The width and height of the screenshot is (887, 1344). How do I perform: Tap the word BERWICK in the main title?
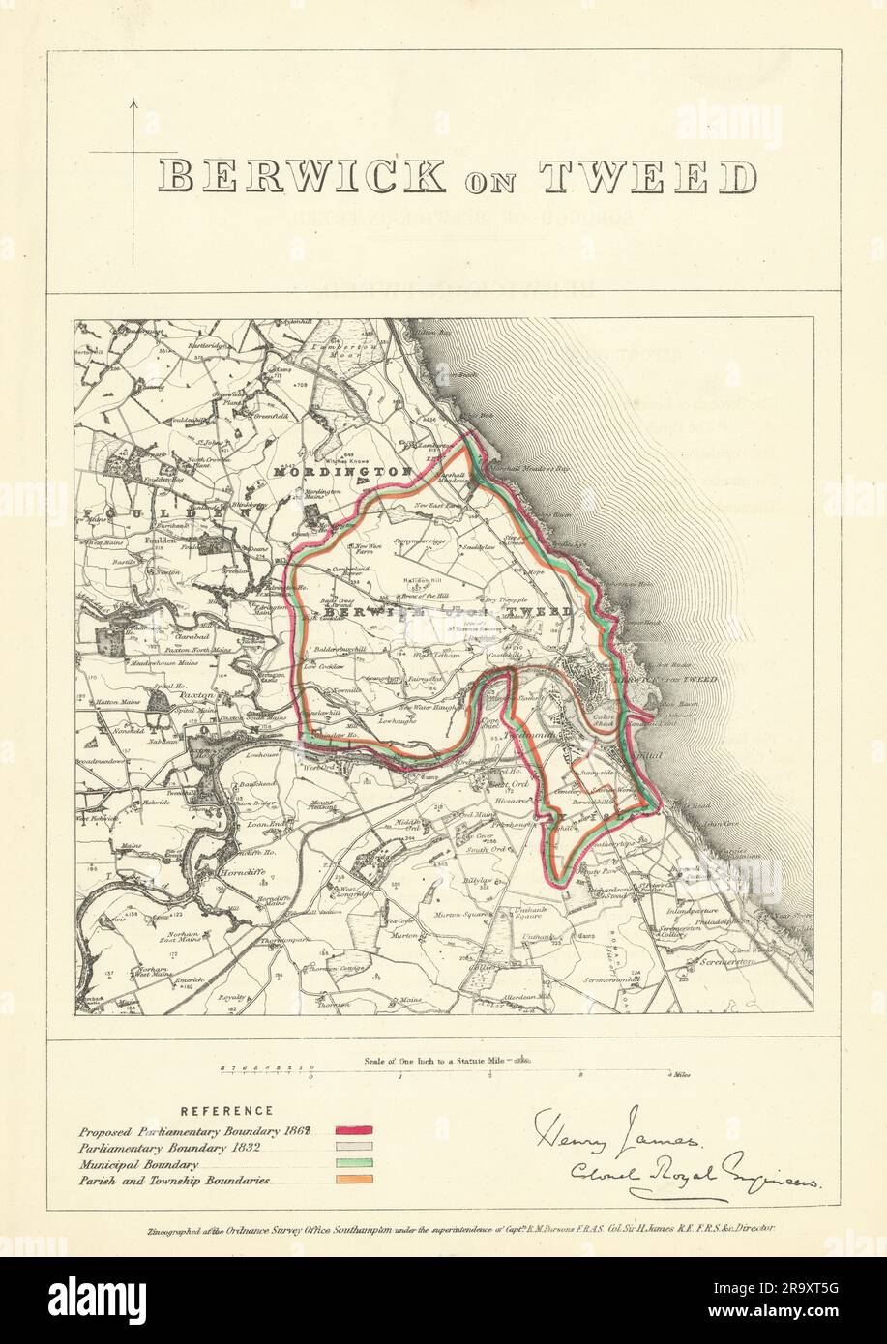(x=302, y=177)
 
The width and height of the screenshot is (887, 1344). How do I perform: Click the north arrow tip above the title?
(x=133, y=99)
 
